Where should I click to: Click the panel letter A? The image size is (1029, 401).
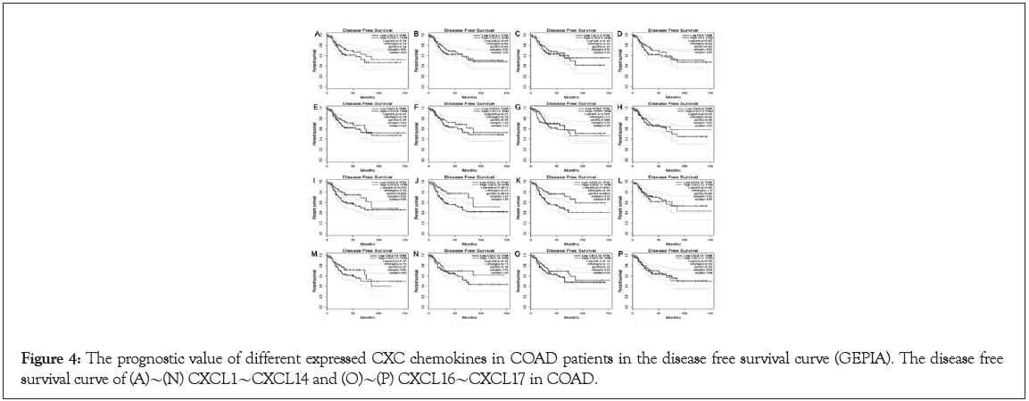coord(317,34)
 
